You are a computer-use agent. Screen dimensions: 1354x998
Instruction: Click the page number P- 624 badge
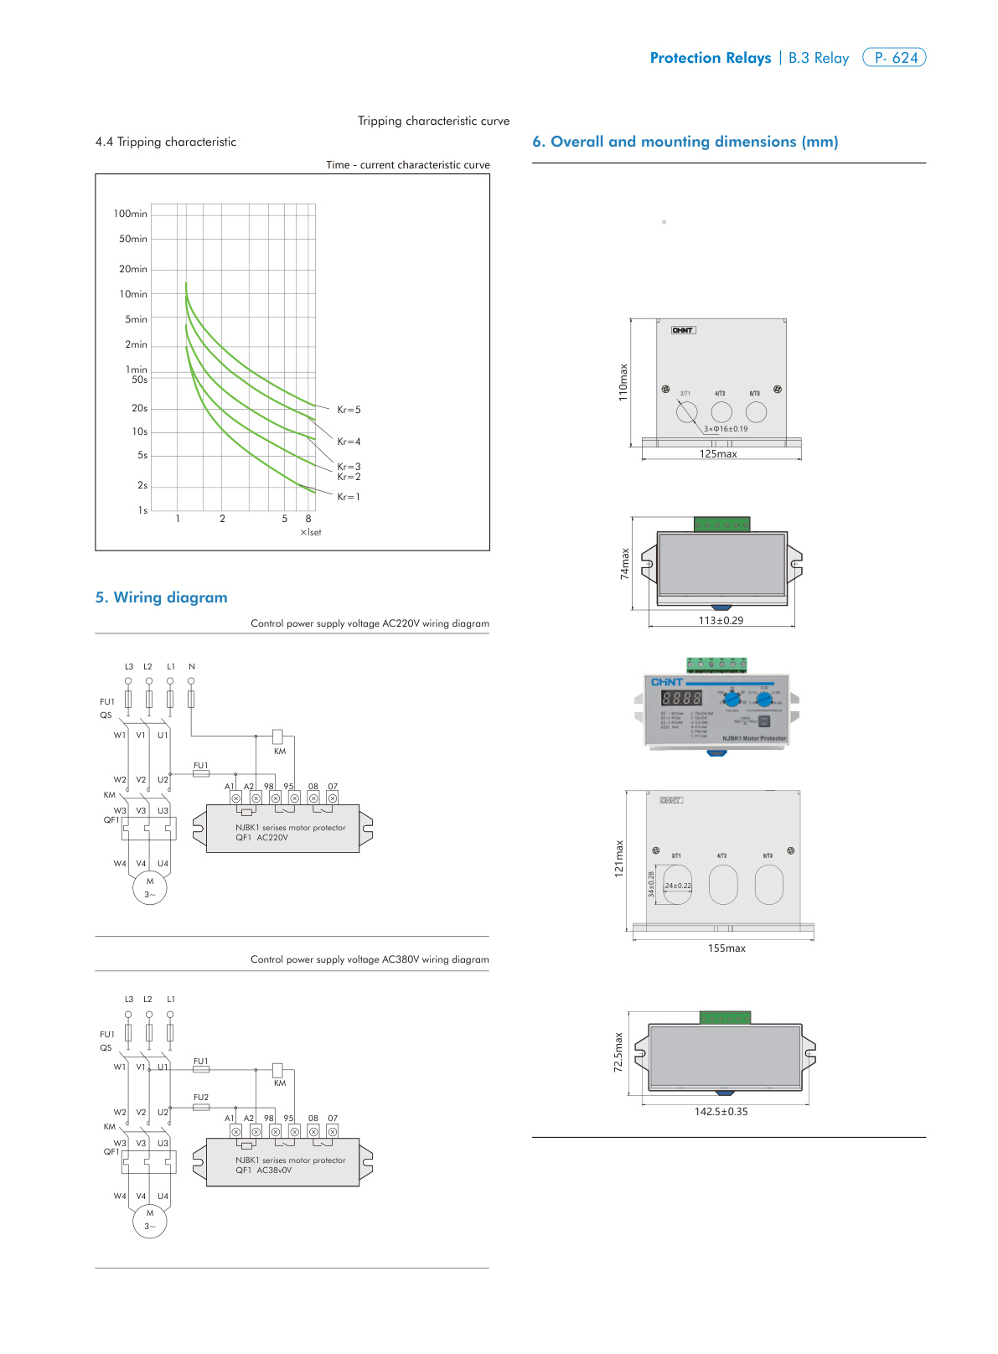894,58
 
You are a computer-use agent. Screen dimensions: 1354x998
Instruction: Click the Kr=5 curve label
349,410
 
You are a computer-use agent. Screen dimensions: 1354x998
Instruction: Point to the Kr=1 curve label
349,497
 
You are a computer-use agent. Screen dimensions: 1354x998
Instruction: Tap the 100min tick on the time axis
131,214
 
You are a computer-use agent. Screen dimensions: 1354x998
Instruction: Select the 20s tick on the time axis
139,408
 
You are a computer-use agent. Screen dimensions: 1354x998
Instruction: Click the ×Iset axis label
310,532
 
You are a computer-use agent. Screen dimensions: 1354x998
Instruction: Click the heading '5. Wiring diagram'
162,597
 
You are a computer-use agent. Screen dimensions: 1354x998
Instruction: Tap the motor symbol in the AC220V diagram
150,888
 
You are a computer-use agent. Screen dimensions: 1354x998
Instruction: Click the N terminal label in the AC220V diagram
192,667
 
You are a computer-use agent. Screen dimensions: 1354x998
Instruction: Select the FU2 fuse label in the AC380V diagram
201,1097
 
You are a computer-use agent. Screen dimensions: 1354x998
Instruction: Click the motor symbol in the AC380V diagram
150,1220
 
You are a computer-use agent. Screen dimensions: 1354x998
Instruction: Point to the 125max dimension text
718,454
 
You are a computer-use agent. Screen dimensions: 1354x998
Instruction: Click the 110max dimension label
623,382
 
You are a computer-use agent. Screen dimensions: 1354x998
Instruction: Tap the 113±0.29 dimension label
721,621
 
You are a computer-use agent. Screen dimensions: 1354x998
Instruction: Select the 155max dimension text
727,948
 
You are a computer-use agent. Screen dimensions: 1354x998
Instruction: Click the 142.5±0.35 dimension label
721,1112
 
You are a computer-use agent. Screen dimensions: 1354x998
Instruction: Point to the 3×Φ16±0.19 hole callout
726,429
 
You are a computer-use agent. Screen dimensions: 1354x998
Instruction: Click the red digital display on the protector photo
681,698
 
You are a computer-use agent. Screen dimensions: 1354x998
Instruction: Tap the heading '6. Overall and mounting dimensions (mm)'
685,142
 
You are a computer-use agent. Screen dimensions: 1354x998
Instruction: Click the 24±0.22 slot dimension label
678,886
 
